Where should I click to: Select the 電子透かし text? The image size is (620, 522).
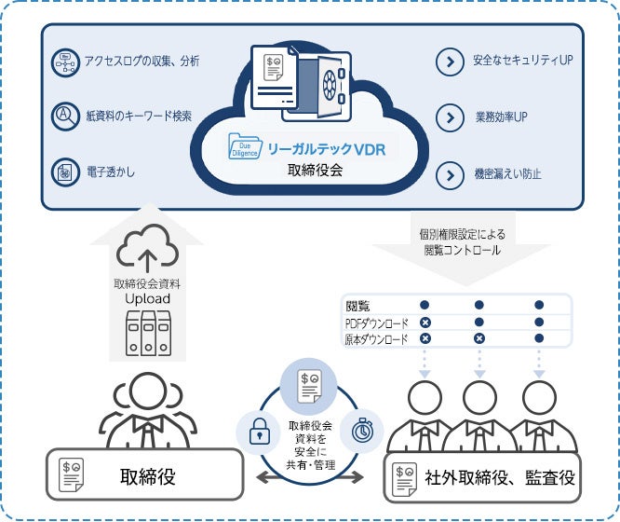coord(106,172)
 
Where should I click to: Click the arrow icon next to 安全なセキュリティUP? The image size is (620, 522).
coord(450,62)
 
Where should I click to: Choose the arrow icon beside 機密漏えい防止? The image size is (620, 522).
coord(450,174)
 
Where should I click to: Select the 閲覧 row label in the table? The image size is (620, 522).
coord(358,305)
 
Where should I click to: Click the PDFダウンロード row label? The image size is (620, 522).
coord(376,323)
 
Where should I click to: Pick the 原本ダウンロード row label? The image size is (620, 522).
coord(376,339)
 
